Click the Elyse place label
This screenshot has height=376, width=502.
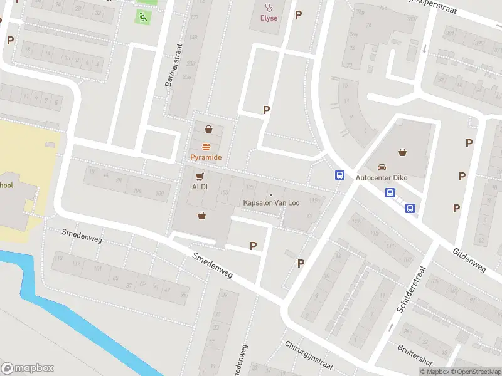click(269, 18)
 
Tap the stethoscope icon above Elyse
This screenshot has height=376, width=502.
click(269, 8)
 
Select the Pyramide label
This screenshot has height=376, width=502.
click(206, 157)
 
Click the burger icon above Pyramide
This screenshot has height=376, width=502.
click(206, 145)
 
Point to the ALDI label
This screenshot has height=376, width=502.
click(200, 187)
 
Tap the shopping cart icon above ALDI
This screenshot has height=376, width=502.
click(200, 176)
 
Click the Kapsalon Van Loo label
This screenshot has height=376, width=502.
click(271, 203)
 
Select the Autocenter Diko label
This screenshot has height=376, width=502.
click(382, 178)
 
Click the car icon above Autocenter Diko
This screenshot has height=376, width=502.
click(382, 167)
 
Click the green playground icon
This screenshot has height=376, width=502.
click(144, 17)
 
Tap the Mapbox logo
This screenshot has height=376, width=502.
click(28, 368)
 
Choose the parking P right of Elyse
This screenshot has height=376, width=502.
click(298, 14)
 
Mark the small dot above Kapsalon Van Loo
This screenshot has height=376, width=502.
click(271, 194)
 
